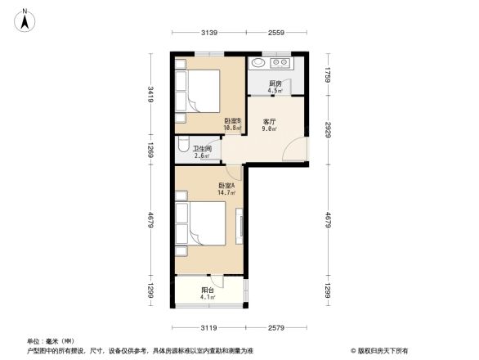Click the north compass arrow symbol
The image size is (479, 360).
pos(26,19)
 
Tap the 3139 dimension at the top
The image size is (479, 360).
pos(208,33)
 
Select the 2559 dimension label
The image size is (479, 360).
pos(275,33)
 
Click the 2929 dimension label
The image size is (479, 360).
pos(327,131)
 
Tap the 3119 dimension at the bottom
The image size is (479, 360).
pos(208,328)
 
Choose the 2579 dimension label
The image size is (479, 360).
pos(275,328)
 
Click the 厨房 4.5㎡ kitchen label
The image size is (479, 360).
pos(276,88)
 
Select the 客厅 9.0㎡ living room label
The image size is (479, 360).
pos(269,124)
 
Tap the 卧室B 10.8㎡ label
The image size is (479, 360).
pos(232,124)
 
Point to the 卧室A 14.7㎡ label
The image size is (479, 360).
pos(226,189)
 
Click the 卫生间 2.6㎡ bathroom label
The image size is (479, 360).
pos(203,152)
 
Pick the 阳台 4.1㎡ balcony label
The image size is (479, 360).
pos(208,294)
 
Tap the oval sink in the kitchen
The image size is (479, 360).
pos(257,62)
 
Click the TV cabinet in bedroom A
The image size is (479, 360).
pos(240,225)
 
